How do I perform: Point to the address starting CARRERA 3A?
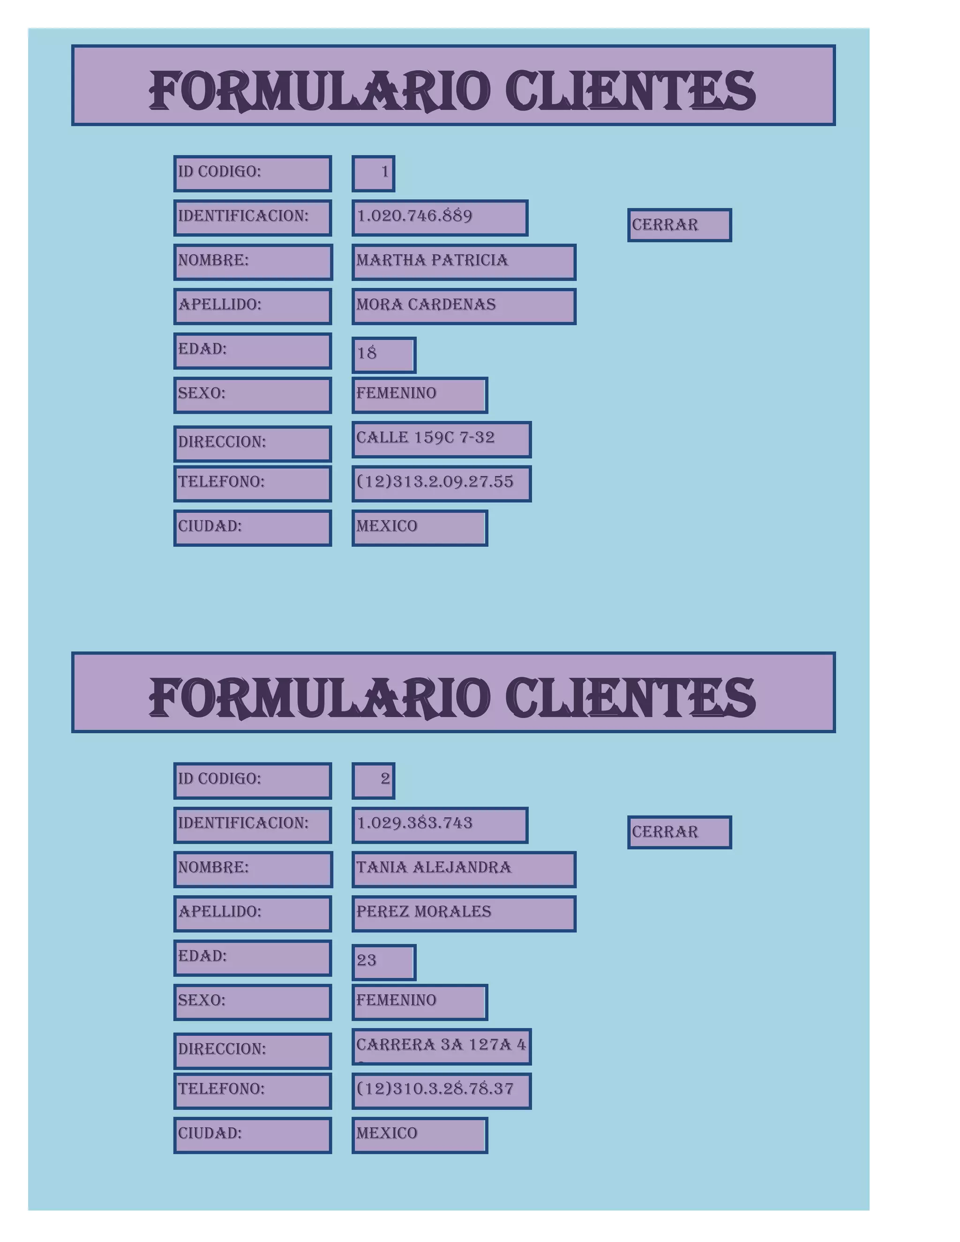(441, 1045)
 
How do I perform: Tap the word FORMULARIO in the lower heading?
(319, 698)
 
